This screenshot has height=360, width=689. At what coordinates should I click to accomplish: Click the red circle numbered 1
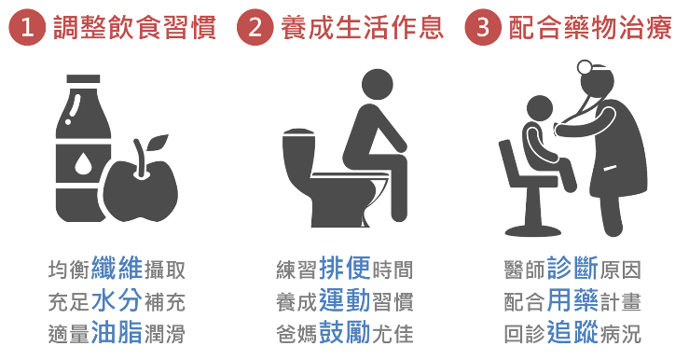click(x=27, y=27)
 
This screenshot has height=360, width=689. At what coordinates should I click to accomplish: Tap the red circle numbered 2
click(x=255, y=27)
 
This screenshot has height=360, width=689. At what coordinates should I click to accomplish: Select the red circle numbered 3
click(x=483, y=27)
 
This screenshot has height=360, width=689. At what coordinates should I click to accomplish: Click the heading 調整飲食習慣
click(x=134, y=27)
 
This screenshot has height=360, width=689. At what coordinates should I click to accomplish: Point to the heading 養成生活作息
click(x=363, y=27)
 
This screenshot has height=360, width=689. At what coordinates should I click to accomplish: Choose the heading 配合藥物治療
click(x=590, y=27)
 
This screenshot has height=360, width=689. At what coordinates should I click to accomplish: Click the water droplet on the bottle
click(x=83, y=162)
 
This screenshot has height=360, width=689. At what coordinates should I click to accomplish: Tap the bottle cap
click(x=84, y=79)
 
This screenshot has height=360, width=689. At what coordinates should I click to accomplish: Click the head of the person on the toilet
click(x=378, y=85)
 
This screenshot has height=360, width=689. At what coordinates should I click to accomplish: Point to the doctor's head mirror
click(x=585, y=67)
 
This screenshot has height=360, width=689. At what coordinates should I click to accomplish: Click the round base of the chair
click(x=533, y=230)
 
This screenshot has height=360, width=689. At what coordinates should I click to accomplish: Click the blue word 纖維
click(x=117, y=268)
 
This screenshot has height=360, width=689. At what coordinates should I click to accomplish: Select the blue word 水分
click(x=117, y=300)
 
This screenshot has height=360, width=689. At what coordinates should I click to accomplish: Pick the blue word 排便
click(x=345, y=268)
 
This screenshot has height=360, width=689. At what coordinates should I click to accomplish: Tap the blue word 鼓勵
click(x=345, y=333)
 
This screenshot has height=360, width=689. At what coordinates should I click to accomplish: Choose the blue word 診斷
click(x=573, y=268)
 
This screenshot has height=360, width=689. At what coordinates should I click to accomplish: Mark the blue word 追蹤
click(x=573, y=333)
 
